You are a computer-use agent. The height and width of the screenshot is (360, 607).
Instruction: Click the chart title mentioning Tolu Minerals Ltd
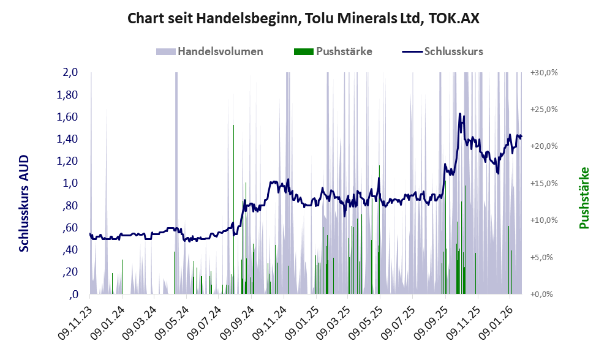(303, 18)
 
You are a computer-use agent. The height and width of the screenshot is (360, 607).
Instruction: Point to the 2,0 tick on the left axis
(70, 72)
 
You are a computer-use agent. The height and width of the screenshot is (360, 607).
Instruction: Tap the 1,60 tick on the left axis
(68, 117)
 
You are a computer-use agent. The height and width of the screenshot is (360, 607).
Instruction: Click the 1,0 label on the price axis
(70, 183)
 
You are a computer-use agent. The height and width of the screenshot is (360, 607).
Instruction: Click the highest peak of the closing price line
(459, 114)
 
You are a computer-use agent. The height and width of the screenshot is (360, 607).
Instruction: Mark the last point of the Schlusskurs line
(521, 137)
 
